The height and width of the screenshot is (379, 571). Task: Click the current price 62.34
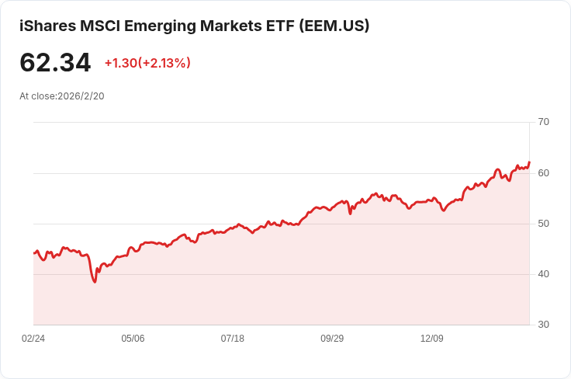click(x=55, y=63)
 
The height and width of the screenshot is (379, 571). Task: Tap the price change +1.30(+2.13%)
click(x=147, y=63)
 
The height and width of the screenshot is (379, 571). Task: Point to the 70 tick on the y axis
click(x=543, y=122)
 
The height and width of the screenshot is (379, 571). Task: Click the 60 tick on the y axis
click(x=543, y=172)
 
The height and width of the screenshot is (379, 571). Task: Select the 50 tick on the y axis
click(x=543, y=224)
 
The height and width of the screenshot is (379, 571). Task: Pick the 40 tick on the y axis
click(x=543, y=274)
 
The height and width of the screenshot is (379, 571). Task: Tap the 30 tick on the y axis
click(x=543, y=325)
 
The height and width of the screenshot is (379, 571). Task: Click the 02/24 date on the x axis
click(x=33, y=339)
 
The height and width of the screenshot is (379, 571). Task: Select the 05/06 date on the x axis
click(x=133, y=339)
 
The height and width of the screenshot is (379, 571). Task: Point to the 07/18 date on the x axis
click(x=233, y=339)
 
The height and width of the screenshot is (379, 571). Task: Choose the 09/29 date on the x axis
click(x=332, y=339)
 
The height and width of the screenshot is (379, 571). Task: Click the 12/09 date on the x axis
click(x=431, y=339)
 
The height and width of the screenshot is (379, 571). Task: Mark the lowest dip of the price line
click(x=95, y=282)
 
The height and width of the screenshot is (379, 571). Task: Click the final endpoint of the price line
click(x=529, y=162)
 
